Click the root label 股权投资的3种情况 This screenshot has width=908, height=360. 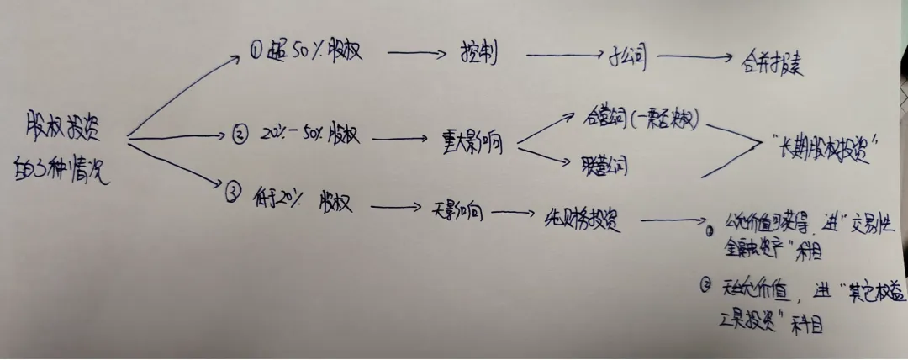coord(66,143)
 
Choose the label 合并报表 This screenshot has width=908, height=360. coord(772,64)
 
